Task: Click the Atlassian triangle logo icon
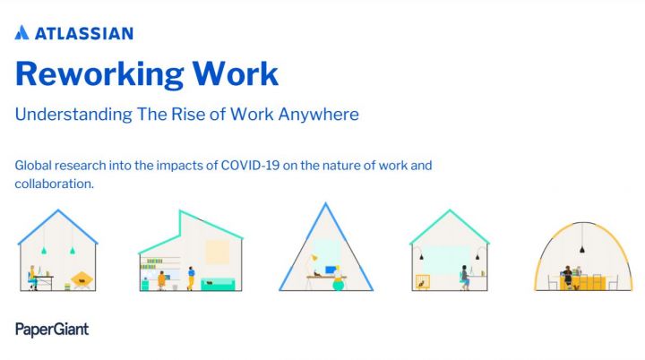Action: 23,33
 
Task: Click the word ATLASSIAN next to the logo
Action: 84,33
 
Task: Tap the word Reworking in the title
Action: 98,73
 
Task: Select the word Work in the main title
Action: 234,73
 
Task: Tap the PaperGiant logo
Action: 52,330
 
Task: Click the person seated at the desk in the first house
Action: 33,276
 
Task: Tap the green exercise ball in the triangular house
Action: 338,284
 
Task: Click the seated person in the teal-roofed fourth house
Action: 465,277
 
